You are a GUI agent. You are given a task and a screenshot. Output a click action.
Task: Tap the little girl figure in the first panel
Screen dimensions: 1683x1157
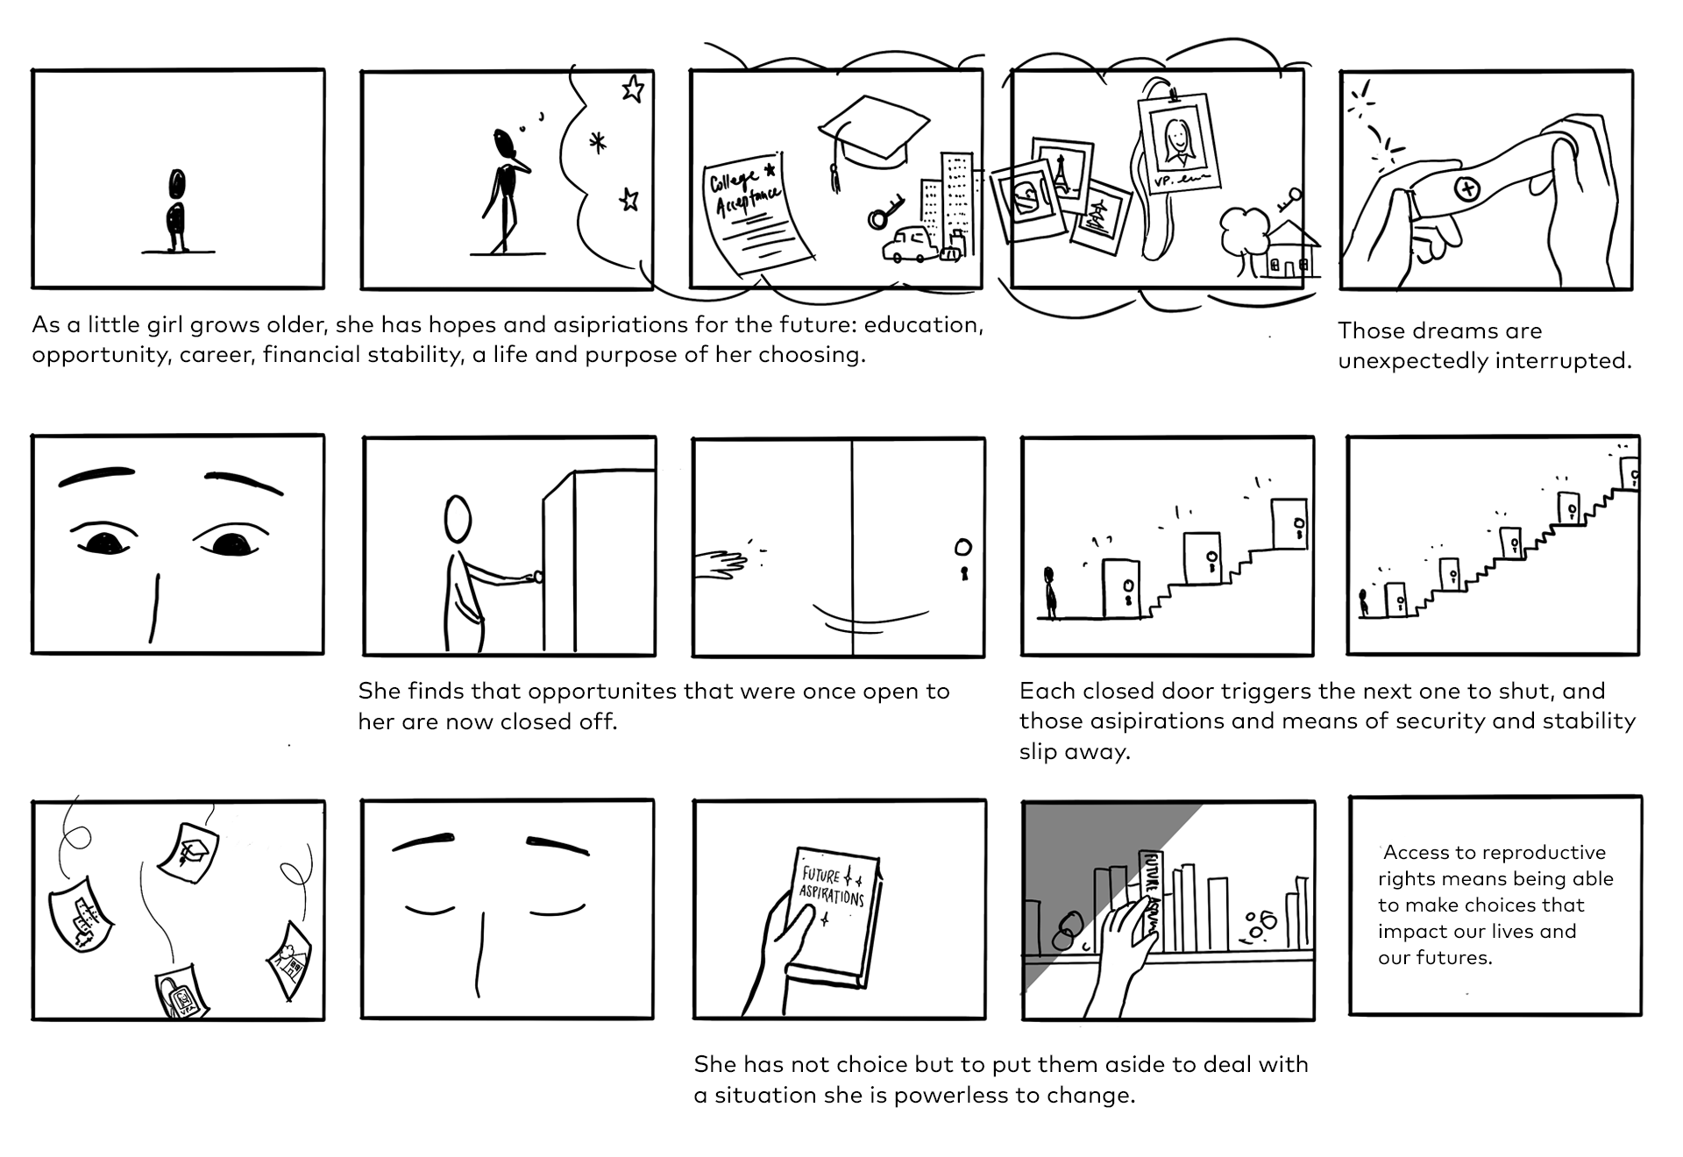(x=177, y=210)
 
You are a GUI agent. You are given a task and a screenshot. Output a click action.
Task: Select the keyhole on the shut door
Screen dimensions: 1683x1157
(x=963, y=575)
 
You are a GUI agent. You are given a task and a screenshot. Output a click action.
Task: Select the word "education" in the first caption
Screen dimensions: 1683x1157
(x=923, y=324)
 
